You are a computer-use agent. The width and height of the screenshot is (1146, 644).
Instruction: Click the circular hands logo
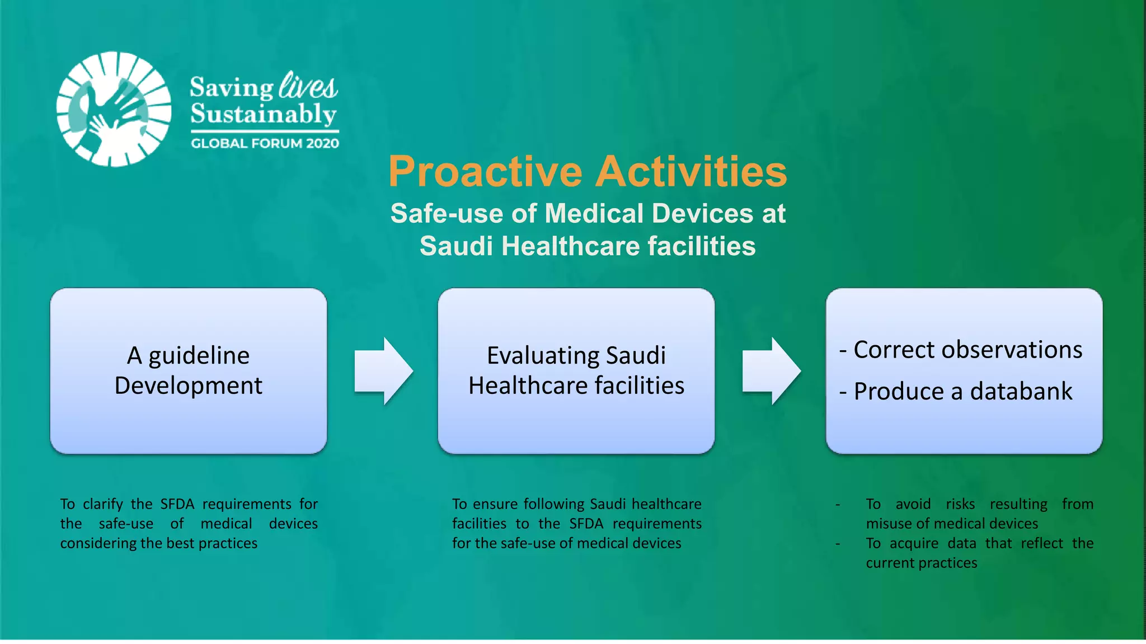pyautogui.click(x=114, y=109)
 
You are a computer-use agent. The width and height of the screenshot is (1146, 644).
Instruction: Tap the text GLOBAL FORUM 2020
pyautogui.click(x=265, y=143)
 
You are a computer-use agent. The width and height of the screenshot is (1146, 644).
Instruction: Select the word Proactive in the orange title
pyautogui.click(x=485, y=171)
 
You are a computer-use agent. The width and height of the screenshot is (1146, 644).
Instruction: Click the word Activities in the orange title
pyautogui.click(x=691, y=171)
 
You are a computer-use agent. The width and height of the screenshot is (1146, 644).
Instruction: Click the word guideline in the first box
pyautogui.click(x=199, y=356)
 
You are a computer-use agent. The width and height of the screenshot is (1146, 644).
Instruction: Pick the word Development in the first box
pyautogui.click(x=188, y=386)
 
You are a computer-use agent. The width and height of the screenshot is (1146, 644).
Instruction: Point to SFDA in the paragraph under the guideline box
pyautogui.click(x=177, y=504)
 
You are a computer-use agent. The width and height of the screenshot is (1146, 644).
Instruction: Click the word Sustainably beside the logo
pyautogui.click(x=263, y=114)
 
